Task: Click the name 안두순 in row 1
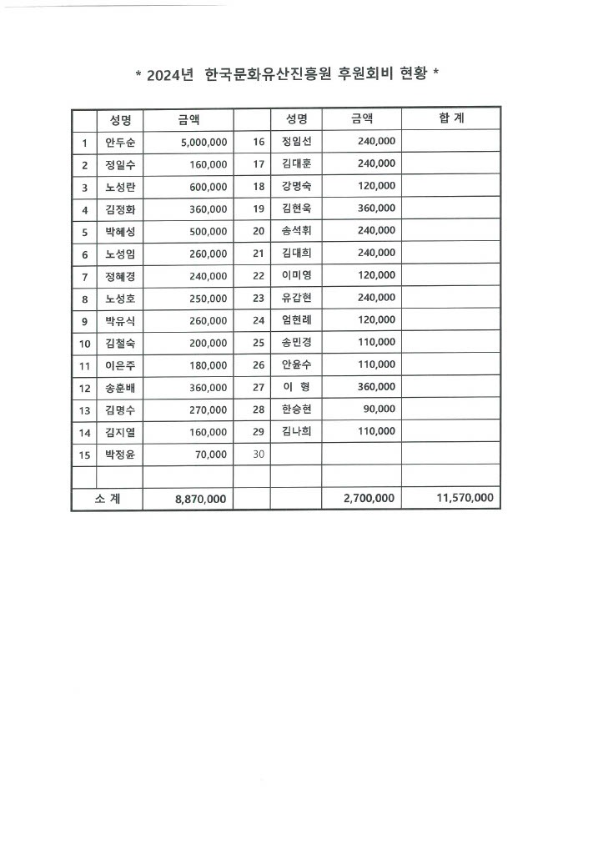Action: [120, 143]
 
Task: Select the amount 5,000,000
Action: [204, 143]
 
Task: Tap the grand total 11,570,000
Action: [465, 498]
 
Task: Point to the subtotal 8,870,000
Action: [201, 498]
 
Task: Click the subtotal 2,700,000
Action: [369, 498]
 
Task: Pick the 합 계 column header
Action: [451, 119]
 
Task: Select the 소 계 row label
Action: [107, 498]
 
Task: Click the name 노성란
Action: [120, 187]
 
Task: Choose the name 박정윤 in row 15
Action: [120, 455]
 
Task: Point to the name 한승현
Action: [296, 409]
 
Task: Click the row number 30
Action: [258, 454]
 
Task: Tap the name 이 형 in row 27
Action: [296, 387]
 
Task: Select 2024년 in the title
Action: [170, 74]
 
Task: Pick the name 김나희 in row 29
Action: [296, 431]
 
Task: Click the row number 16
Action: [258, 142]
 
